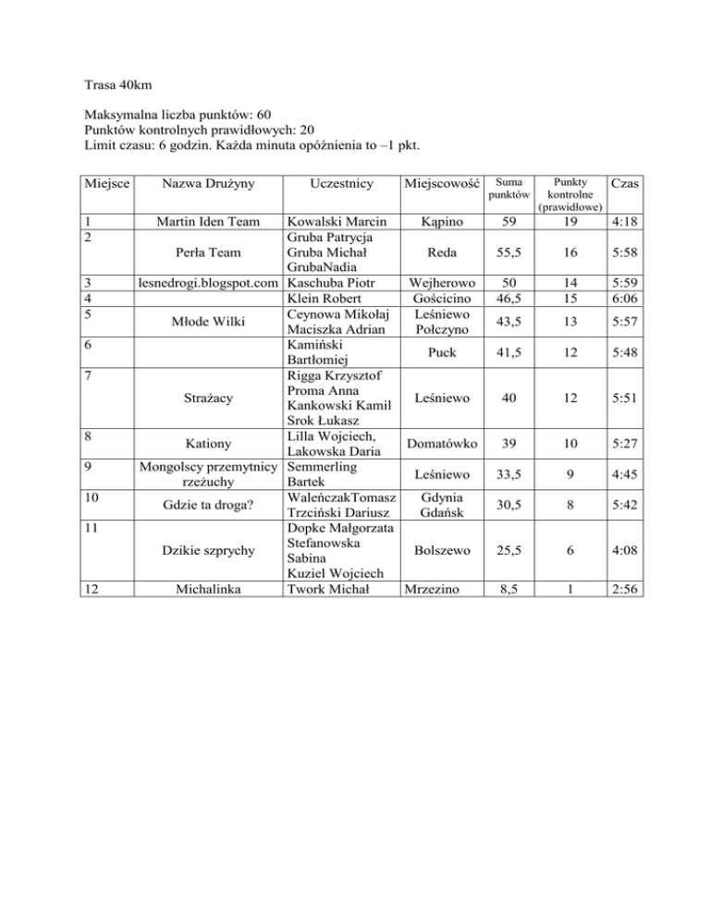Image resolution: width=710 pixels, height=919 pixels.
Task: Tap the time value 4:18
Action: click(x=628, y=222)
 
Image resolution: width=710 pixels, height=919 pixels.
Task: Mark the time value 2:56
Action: click(x=628, y=589)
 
